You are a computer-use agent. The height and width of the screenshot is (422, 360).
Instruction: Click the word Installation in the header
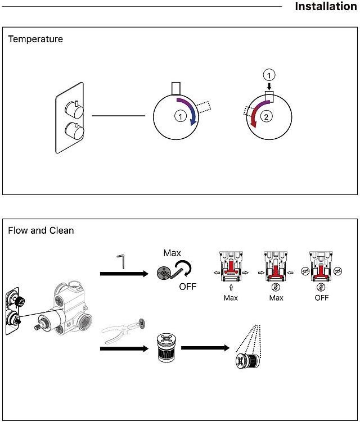point(326,7)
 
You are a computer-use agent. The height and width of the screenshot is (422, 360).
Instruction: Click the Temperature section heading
point(35,39)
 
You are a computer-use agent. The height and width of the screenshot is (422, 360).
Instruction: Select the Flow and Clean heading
point(41,230)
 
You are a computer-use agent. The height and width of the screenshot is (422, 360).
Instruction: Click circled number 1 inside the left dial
point(180,116)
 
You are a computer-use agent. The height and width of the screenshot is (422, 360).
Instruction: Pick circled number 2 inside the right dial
point(268,116)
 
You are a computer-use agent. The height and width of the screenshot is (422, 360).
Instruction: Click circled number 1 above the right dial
point(270,75)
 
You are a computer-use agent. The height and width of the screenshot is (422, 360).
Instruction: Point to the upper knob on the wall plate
point(71,106)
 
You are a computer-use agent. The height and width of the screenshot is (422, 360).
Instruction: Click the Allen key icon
point(121,262)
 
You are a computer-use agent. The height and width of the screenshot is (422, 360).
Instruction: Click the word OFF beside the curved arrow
point(188,287)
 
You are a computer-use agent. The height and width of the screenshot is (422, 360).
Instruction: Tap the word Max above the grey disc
point(172,253)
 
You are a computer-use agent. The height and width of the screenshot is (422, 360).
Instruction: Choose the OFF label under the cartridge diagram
point(322,298)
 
